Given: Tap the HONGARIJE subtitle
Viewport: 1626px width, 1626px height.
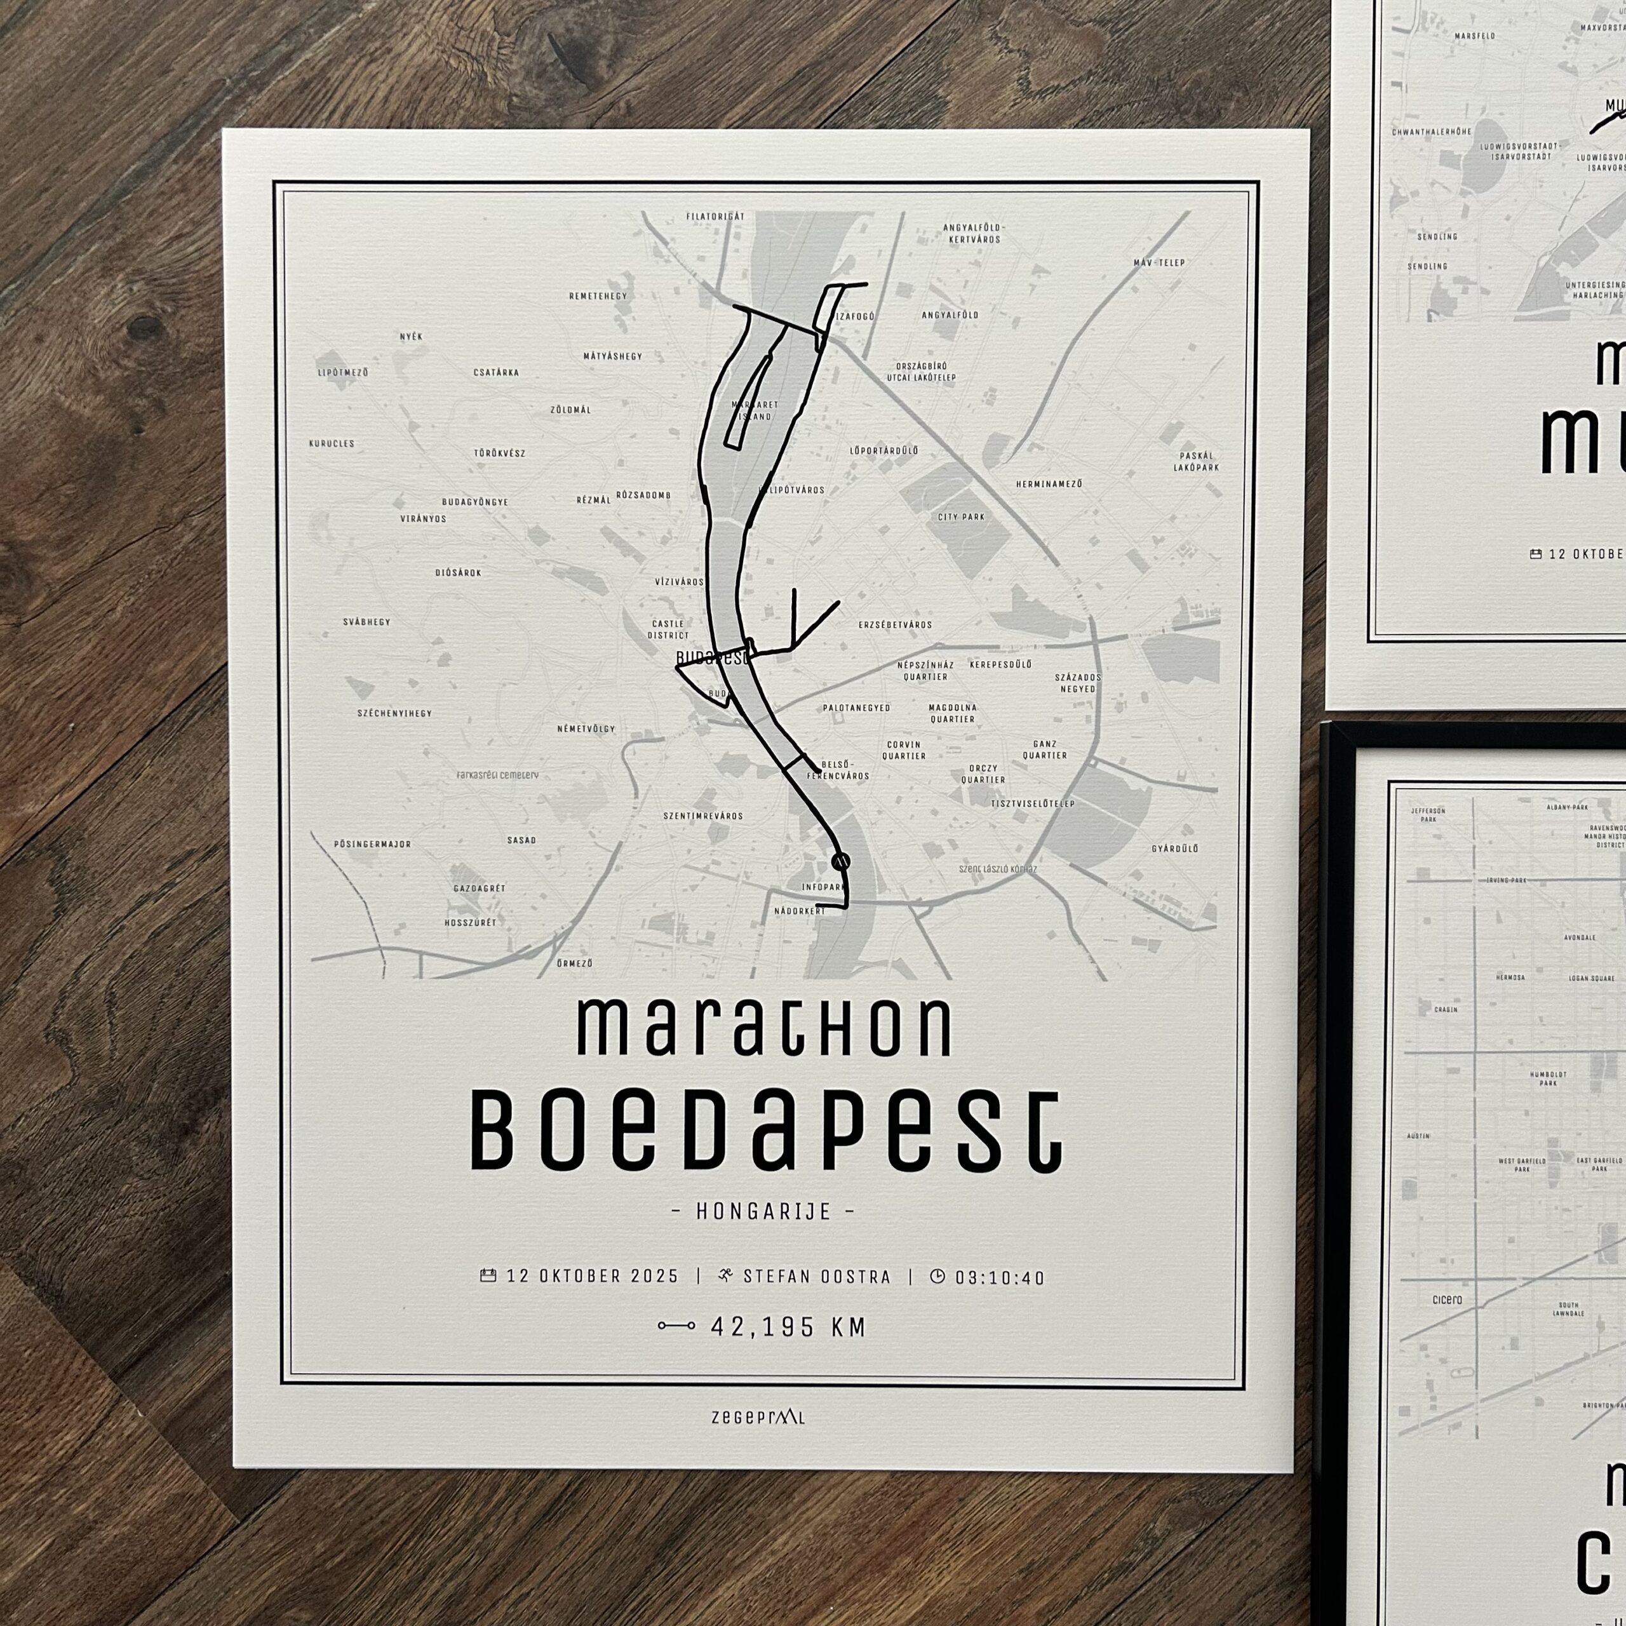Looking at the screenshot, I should (764, 1212).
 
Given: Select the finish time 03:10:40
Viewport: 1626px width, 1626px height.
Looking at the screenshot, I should (1000, 1277).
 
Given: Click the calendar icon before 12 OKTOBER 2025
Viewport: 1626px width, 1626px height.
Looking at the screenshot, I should (487, 1275).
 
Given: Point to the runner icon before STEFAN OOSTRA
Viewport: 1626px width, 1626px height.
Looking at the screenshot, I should (725, 1276).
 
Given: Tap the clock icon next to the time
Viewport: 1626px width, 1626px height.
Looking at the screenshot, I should (937, 1276).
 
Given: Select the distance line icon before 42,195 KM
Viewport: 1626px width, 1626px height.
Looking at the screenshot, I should (676, 1326).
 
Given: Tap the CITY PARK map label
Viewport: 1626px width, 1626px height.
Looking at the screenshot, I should (961, 517).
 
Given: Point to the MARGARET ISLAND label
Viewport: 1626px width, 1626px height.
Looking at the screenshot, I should (755, 410).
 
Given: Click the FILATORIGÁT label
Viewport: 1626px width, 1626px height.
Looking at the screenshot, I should (715, 217).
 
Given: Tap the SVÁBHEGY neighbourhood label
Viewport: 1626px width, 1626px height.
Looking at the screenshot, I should (367, 622).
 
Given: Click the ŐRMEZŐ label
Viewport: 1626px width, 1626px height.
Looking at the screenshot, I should (575, 963).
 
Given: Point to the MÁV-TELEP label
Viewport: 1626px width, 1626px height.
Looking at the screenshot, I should (1159, 262).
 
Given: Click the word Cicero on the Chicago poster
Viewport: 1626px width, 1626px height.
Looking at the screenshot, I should (1447, 1300).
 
